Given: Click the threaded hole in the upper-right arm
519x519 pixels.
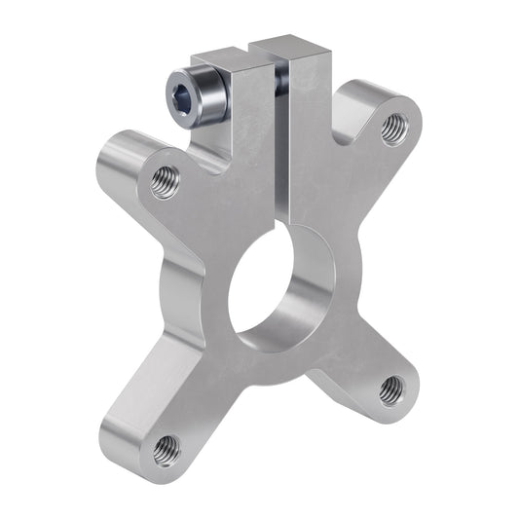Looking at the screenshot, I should click(x=392, y=127).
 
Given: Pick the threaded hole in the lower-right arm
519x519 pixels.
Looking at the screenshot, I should click(x=391, y=389).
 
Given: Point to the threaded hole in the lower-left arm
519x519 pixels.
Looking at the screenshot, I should click(x=167, y=449).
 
